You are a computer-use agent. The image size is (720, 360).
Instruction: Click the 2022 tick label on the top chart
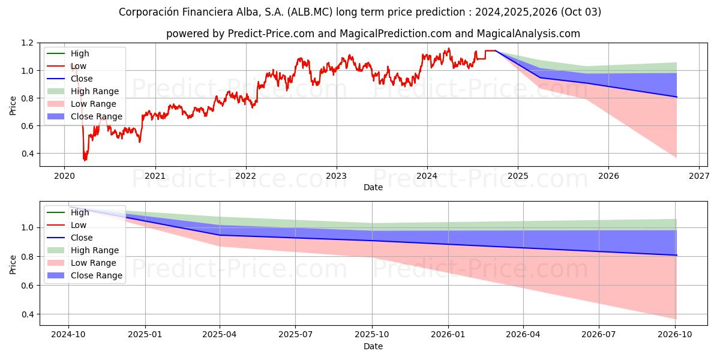click(245, 176)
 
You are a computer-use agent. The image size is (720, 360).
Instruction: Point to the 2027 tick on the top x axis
click(700, 176)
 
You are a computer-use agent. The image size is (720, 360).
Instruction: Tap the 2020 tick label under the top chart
click(64, 176)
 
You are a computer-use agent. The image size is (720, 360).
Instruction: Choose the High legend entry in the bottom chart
click(80, 212)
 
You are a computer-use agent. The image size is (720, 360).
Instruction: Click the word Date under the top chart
click(373, 188)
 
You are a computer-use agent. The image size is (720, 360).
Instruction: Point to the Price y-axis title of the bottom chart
click(13, 264)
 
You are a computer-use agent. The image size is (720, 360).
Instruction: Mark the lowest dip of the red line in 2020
click(85, 160)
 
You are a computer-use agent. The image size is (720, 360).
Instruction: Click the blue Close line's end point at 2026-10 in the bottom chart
click(676, 256)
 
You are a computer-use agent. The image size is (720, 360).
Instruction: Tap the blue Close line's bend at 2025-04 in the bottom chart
click(220, 235)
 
